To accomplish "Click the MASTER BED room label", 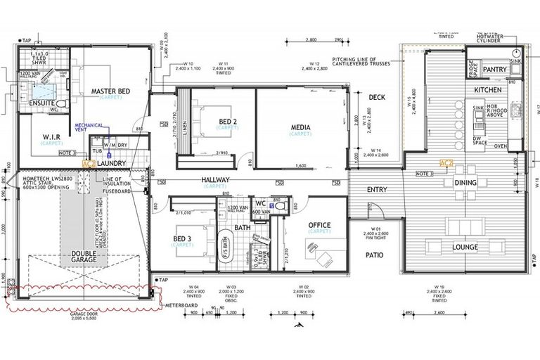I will tap(110, 91).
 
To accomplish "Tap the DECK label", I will tap(377, 98).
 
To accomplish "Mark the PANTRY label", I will tap(494, 70).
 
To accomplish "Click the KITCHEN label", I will tap(487, 91).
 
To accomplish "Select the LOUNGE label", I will tap(465, 247).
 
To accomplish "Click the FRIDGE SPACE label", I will tap(471, 70).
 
